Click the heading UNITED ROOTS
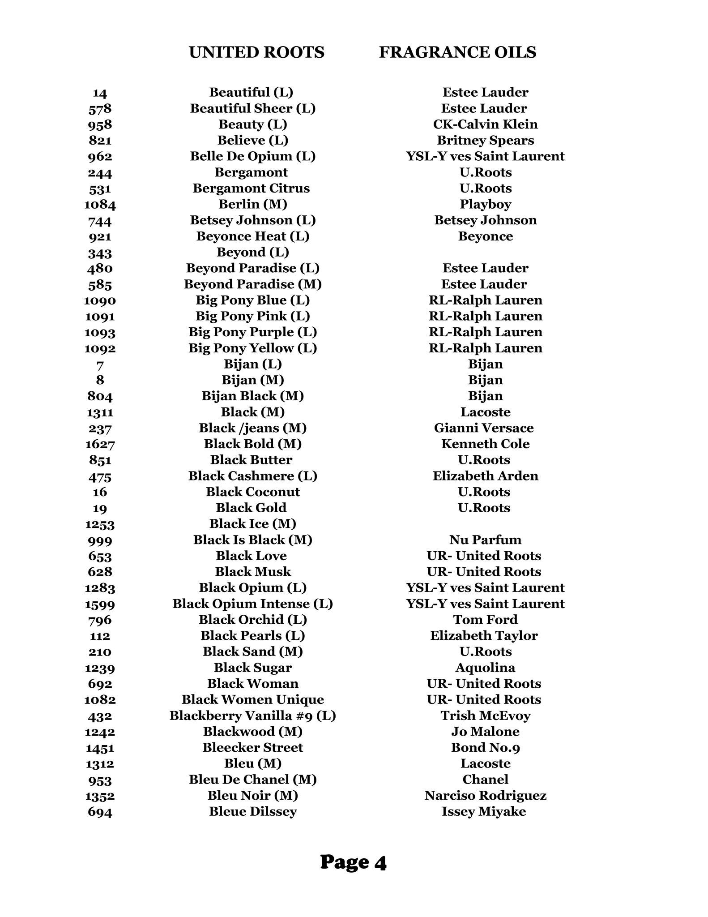tap(256, 52)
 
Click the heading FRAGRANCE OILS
tap(457, 52)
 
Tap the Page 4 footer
tap(353, 862)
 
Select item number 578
tap(100, 109)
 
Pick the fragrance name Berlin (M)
tap(253, 204)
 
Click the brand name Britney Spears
tap(485, 141)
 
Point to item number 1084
tap(100, 205)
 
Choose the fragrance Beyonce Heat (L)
tap(253, 236)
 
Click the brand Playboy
tap(485, 204)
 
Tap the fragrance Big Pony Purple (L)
tap(253, 332)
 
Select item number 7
tap(100, 364)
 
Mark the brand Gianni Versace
tap(484, 428)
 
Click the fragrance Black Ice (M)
tap(253, 524)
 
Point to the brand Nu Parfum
tap(485, 540)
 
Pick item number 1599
tap(100, 604)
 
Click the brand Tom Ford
tap(485, 620)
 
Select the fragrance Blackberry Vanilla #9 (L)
tap(253, 716)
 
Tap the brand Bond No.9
tap(485, 747)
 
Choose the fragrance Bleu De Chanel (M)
tap(253, 780)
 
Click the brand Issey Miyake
tap(484, 811)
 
